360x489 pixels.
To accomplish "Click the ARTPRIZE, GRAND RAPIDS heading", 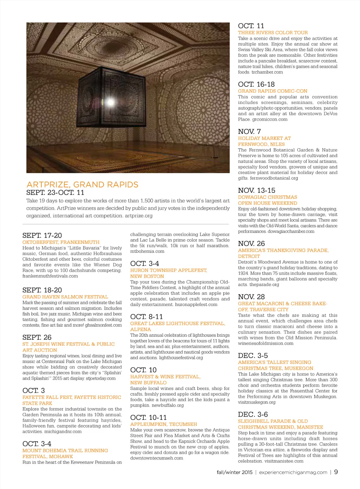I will pyautogui.click(x=82, y=185).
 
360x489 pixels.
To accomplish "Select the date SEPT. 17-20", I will pyautogui.click(x=42, y=235).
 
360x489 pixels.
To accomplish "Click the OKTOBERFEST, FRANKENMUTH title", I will pyautogui.click(x=61, y=242).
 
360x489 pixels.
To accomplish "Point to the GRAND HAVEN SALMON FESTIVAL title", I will pyautogui.click(x=65, y=297).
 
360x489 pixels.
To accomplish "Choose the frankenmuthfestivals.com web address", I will pyautogui.click(x=50, y=276).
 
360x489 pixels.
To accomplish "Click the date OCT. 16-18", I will pyautogui.click(x=256, y=84).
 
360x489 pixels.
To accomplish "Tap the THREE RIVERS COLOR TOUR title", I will pyautogui.click(x=273, y=32).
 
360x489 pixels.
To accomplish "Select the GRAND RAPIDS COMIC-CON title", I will pyautogui.click(x=272, y=91).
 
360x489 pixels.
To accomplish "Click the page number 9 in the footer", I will pyautogui.click(x=336, y=472).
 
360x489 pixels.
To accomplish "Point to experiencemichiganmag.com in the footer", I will pyautogui.click(x=293, y=472).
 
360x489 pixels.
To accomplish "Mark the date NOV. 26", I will pyautogui.click(x=251, y=243).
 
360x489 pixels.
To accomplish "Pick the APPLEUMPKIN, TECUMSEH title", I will pyautogui.click(x=163, y=424).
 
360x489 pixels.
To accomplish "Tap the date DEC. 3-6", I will pyautogui.click(x=253, y=415).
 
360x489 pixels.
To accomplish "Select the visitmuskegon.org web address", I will pyautogui.click(x=257, y=402).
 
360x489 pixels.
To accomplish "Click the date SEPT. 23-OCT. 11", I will pyautogui.click(x=55, y=193).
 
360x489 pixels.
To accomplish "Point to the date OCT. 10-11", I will pyautogui.click(x=148, y=417).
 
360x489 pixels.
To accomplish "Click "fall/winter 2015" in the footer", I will pyautogui.click(x=234, y=472).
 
